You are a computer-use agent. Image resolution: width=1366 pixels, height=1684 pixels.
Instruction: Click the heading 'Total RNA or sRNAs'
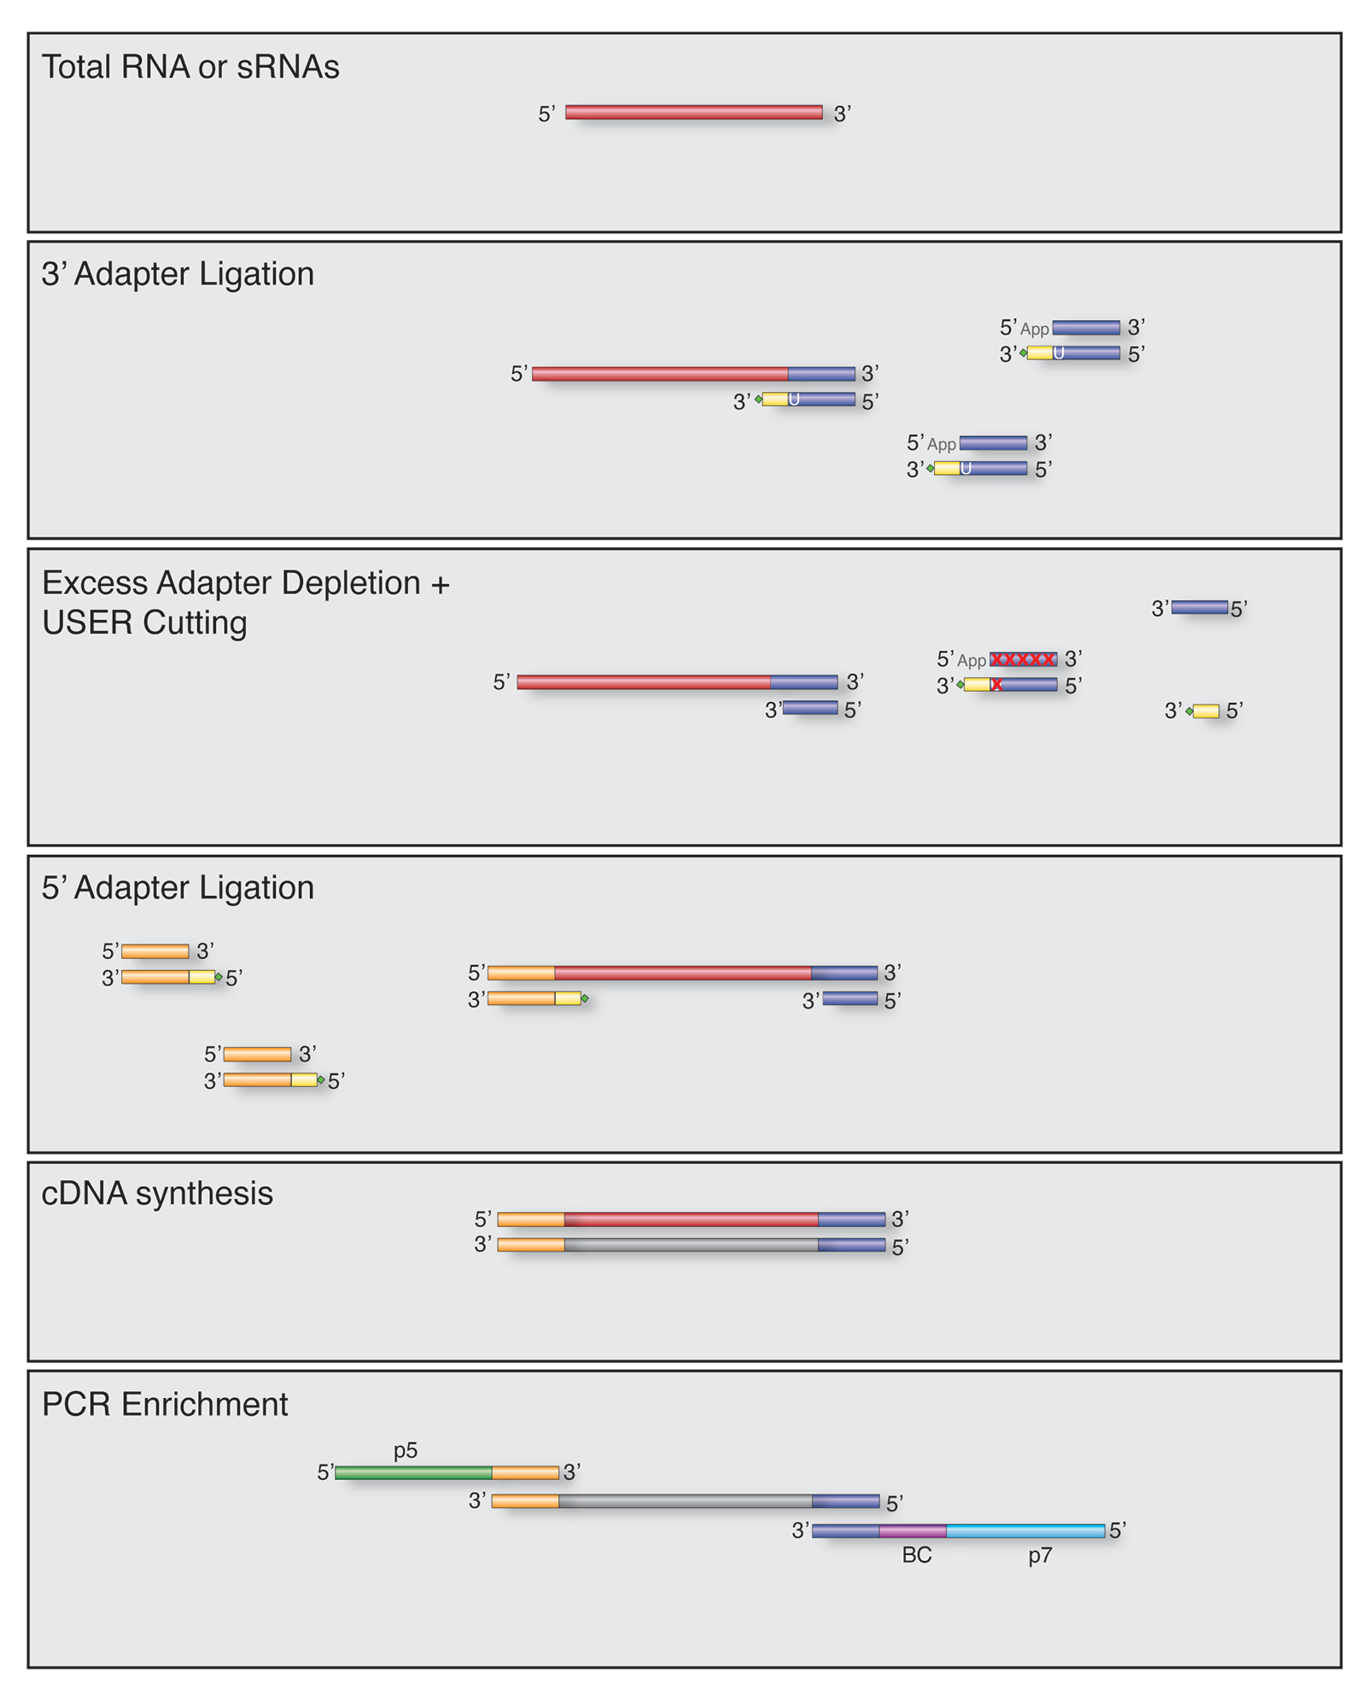(x=190, y=67)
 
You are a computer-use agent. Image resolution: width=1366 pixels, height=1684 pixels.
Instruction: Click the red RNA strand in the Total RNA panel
(x=693, y=113)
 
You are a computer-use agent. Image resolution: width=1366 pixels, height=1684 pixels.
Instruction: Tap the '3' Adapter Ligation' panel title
(x=178, y=274)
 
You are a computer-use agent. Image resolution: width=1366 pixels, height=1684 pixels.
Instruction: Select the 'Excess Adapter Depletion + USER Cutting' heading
(x=245, y=602)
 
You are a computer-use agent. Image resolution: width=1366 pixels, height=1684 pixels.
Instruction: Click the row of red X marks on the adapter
(x=1023, y=659)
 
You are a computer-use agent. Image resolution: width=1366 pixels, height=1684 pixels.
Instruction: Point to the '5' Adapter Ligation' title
(x=178, y=888)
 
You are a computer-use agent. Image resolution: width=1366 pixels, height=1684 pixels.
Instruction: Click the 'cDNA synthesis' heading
(x=157, y=1194)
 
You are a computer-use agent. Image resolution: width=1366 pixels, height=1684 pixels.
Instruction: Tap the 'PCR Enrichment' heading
(x=165, y=1405)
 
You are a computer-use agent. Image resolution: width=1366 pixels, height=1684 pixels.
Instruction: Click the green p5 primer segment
(x=413, y=1472)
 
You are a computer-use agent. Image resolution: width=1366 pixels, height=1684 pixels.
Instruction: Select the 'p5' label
(x=406, y=1450)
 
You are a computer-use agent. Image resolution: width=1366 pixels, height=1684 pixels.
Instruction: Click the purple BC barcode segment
(x=913, y=1531)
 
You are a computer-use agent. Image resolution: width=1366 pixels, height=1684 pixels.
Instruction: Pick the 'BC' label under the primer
(x=917, y=1555)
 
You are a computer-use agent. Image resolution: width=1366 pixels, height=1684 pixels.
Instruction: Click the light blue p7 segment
(x=1025, y=1531)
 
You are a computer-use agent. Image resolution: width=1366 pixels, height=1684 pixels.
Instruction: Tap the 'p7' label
(x=1040, y=1555)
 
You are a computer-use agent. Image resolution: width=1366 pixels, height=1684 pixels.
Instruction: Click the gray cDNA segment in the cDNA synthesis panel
(x=691, y=1245)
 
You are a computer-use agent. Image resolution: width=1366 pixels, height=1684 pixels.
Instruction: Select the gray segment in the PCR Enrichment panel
(x=686, y=1501)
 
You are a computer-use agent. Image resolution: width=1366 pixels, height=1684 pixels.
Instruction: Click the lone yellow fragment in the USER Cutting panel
(x=1205, y=711)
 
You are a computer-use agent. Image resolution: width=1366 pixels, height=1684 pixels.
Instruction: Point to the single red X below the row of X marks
(x=996, y=685)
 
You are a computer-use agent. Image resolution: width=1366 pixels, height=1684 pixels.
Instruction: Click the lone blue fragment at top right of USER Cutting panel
(x=1200, y=608)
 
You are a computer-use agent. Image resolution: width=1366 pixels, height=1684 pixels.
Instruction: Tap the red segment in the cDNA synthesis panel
(x=691, y=1219)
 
